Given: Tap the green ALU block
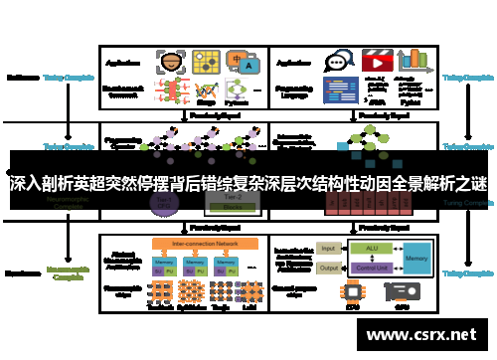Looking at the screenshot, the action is pyautogui.click(x=370, y=248).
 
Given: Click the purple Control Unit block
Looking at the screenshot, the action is pyautogui.click(x=370, y=267).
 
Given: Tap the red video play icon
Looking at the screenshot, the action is pyautogui.click(x=377, y=61).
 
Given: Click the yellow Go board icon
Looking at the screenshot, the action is pyautogui.click(x=207, y=61).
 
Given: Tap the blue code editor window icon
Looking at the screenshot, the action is pyautogui.click(x=338, y=91).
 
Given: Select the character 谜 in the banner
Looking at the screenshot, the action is pyautogui.click(x=480, y=185).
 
